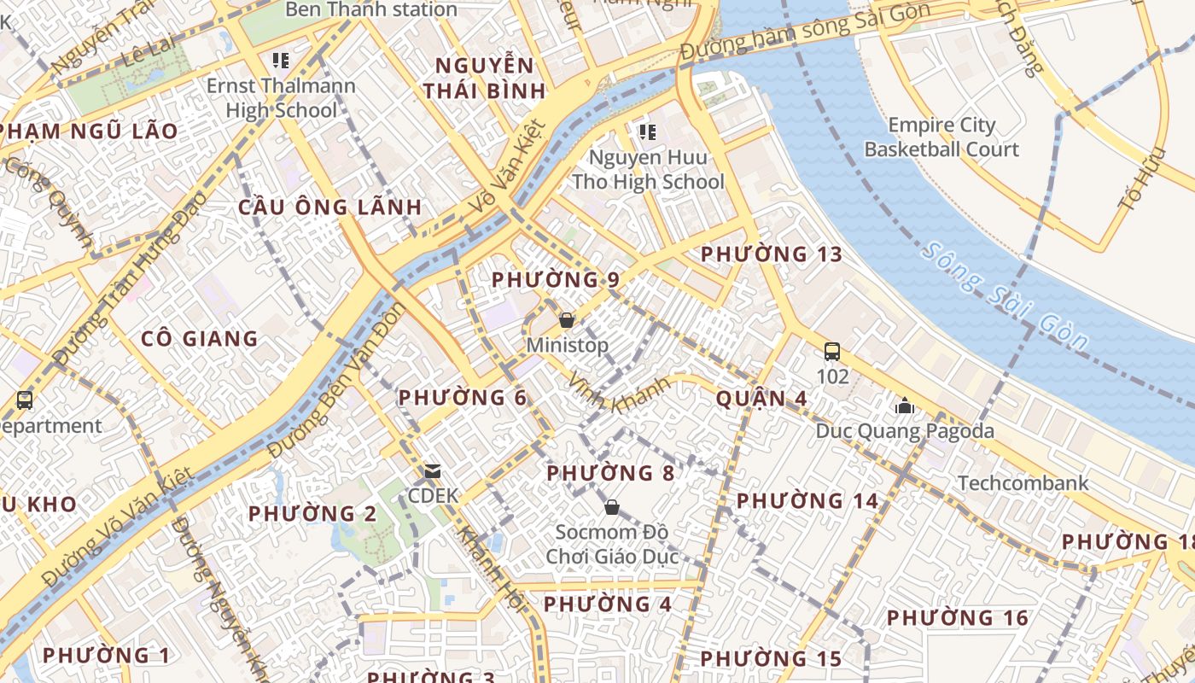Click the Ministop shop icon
pyautogui.click(x=566, y=320)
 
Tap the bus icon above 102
pyautogui.click(x=832, y=351)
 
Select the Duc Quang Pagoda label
pyautogui.click(x=905, y=431)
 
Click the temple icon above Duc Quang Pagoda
pyautogui.click(x=905, y=406)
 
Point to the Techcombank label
pyautogui.click(x=1023, y=483)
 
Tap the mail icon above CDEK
pyautogui.click(x=433, y=470)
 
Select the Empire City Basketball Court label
pyautogui.click(x=941, y=137)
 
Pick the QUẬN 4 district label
pyautogui.click(x=761, y=399)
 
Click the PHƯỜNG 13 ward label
pyautogui.click(x=771, y=254)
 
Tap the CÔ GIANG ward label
pyautogui.click(x=199, y=339)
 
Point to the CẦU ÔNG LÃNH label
pyautogui.click(x=329, y=207)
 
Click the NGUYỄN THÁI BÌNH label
pyautogui.click(x=484, y=79)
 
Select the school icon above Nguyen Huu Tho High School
pyautogui.click(x=647, y=131)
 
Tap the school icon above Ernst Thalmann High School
pyautogui.click(x=280, y=61)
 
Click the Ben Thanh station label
pyautogui.click(x=370, y=10)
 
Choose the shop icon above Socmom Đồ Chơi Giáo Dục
pyautogui.click(x=611, y=507)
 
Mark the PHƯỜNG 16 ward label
pyautogui.click(x=957, y=618)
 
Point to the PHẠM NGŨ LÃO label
pyautogui.click(x=89, y=131)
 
